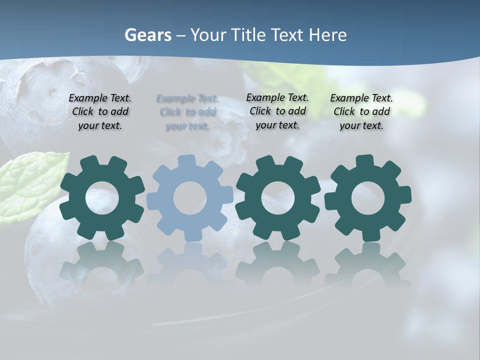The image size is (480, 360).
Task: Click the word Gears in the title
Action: click(x=147, y=35)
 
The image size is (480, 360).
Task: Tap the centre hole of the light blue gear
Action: click(x=190, y=198)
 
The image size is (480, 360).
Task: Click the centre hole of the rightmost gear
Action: click(x=367, y=198)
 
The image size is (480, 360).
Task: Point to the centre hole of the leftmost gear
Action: click(x=102, y=198)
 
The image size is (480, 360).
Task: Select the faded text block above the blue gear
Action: click(x=187, y=112)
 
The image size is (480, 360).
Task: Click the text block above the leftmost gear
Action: click(x=100, y=112)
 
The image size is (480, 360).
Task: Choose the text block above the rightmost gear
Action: click(x=361, y=112)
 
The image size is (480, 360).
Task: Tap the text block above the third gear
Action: click(x=277, y=111)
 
